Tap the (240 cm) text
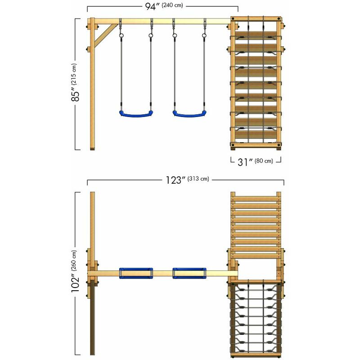click(172, 5)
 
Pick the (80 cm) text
click(264, 161)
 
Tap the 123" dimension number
click(175, 180)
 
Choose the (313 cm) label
click(198, 179)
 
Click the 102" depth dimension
click(75, 283)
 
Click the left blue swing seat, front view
click(136, 114)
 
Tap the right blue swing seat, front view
click(189, 114)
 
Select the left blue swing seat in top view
click(136, 273)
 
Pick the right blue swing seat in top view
click(189, 273)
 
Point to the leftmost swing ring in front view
click(121, 36)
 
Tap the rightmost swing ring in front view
click(204, 36)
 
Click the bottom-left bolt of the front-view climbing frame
click(233, 145)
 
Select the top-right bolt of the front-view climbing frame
click(279, 19)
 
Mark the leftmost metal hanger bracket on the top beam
click(120, 23)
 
